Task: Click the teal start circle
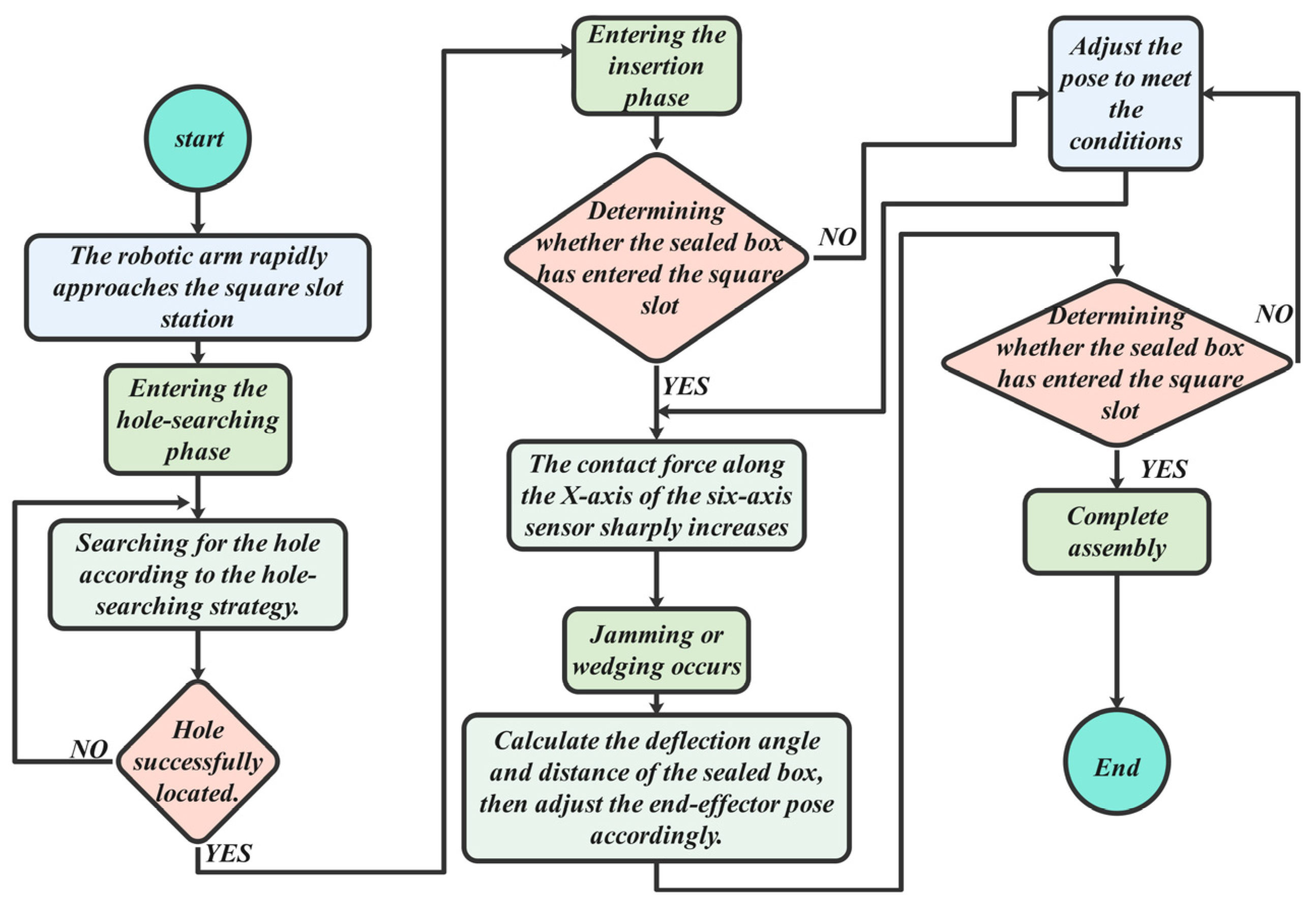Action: (x=197, y=139)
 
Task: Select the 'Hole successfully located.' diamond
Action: (x=197, y=761)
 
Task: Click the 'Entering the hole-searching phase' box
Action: (x=197, y=419)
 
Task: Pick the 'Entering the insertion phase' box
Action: (x=656, y=66)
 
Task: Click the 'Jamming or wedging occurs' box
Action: (x=656, y=650)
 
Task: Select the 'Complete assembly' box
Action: (x=1117, y=532)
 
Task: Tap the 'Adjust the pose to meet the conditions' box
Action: (x=1125, y=94)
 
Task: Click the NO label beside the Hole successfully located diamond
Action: (x=89, y=749)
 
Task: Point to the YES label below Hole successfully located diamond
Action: (x=228, y=853)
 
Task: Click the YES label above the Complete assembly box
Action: (x=1163, y=469)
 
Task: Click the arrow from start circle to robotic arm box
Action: (x=197, y=212)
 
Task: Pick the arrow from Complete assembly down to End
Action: (x=1117, y=639)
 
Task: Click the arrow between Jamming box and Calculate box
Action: (x=656, y=703)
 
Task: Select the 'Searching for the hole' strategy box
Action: (x=197, y=574)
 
